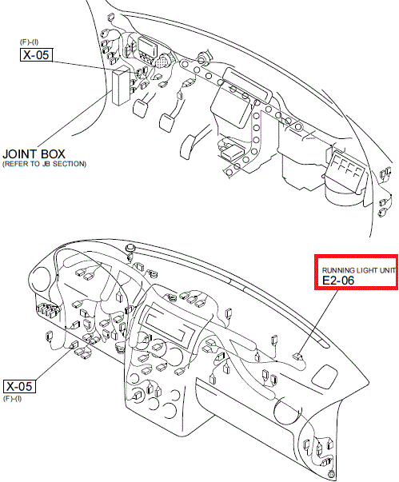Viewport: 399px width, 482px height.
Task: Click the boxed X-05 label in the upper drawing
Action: (x=36, y=54)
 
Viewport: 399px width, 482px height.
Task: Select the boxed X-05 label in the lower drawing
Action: (x=19, y=386)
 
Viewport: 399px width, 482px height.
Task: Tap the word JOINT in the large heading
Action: (x=20, y=154)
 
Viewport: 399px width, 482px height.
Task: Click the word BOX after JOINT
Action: (x=54, y=154)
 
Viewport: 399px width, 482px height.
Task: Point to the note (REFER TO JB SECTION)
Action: (x=44, y=164)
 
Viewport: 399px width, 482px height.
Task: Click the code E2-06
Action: (x=338, y=280)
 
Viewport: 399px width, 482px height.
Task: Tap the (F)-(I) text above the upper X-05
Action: (x=30, y=42)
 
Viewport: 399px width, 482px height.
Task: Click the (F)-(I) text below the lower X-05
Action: (x=12, y=399)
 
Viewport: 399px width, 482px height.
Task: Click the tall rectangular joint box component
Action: (x=121, y=86)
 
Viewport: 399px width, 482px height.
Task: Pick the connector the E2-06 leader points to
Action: (x=297, y=357)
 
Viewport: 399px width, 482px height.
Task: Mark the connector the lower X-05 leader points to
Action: (x=74, y=345)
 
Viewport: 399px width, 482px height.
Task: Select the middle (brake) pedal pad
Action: (x=166, y=122)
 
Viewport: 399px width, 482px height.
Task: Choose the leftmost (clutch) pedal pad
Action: (x=140, y=108)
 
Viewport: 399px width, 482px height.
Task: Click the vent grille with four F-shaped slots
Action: (x=347, y=172)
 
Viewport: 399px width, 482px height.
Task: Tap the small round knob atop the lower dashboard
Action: (x=131, y=248)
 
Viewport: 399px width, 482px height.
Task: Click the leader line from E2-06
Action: (x=318, y=321)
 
